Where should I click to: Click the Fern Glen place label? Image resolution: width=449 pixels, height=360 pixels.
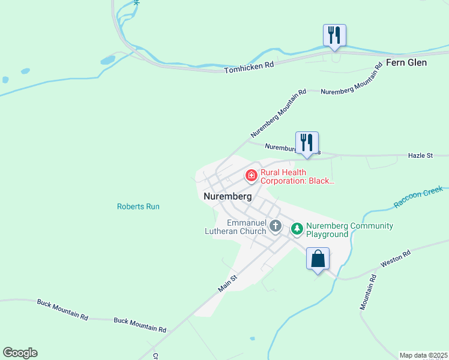click(x=406, y=62)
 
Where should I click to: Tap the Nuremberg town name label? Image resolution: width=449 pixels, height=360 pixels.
click(x=227, y=196)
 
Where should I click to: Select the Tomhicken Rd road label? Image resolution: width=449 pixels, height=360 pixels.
click(x=249, y=67)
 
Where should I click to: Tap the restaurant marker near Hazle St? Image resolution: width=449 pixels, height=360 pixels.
click(x=307, y=143)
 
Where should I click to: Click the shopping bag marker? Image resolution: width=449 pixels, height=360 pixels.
click(x=318, y=259)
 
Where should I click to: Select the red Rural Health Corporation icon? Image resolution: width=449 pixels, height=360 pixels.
click(x=251, y=176)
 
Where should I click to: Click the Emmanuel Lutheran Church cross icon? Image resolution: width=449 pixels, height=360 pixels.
click(x=276, y=226)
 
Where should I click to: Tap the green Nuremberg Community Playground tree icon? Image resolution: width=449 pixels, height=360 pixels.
click(x=297, y=229)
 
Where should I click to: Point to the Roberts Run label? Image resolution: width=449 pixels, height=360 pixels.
click(x=138, y=206)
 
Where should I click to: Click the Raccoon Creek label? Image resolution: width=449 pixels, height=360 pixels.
click(x=418, y=197)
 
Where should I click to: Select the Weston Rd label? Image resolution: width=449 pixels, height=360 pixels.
click(x=396, y=259)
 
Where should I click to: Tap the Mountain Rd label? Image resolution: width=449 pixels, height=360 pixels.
click(x=368, y=292)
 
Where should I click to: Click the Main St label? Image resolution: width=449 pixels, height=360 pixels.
click(x=228, y=283)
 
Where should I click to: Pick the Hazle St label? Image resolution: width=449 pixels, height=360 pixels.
click(x=420, y=155)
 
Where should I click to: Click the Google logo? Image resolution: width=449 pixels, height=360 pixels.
click(x=20, y=353)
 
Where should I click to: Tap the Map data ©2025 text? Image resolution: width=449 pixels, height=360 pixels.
click(x=423, y=355)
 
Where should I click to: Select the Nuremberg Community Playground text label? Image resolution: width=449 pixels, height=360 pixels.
click(x=349, y=230)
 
